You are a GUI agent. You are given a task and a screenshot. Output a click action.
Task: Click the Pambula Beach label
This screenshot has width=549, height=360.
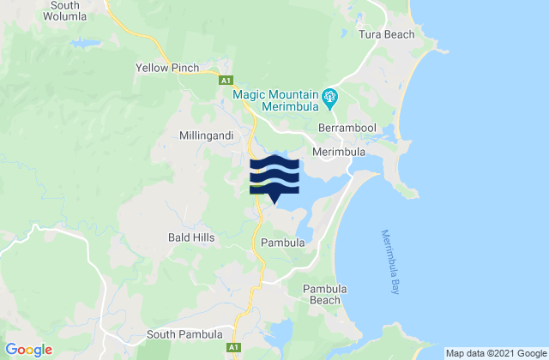[323, 294]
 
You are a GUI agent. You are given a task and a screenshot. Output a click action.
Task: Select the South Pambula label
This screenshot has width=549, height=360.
[186, 334]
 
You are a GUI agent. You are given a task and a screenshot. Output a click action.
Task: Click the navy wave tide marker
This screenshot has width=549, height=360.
[274, 177]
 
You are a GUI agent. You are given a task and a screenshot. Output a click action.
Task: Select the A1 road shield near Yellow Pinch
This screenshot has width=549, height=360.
[226, 81]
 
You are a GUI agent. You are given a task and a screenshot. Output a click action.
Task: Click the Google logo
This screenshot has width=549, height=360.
[29, 349]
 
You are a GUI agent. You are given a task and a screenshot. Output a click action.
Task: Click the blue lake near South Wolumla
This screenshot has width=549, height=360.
[85, 42]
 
